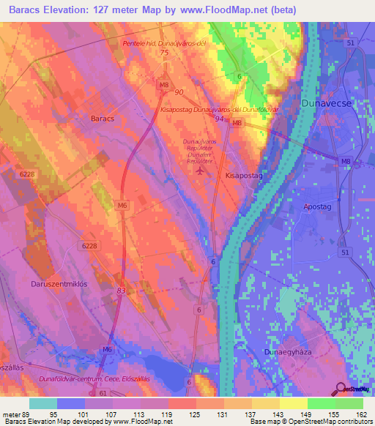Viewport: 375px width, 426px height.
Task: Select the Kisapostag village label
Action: pyautogui.click(x=245, y=176)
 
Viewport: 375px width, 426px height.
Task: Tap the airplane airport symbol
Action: pyautogui.click(x=201, y=171)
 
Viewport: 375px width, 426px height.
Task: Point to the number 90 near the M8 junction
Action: pyautogui.click(x=179, y=92)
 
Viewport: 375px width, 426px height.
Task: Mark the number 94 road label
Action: pyautogui.click(x=220, y=118)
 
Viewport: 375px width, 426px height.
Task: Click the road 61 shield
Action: pyautogui.click(x=103, y=393)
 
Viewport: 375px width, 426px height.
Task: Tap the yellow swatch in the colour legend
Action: pyautogui.click(x=293, y=403)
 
